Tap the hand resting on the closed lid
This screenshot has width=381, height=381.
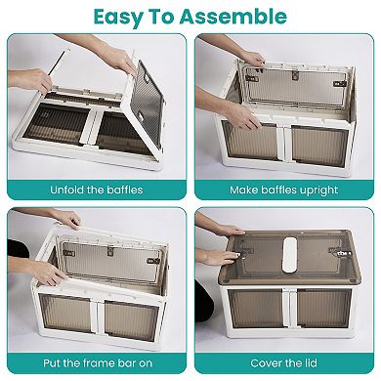coord(221,256)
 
